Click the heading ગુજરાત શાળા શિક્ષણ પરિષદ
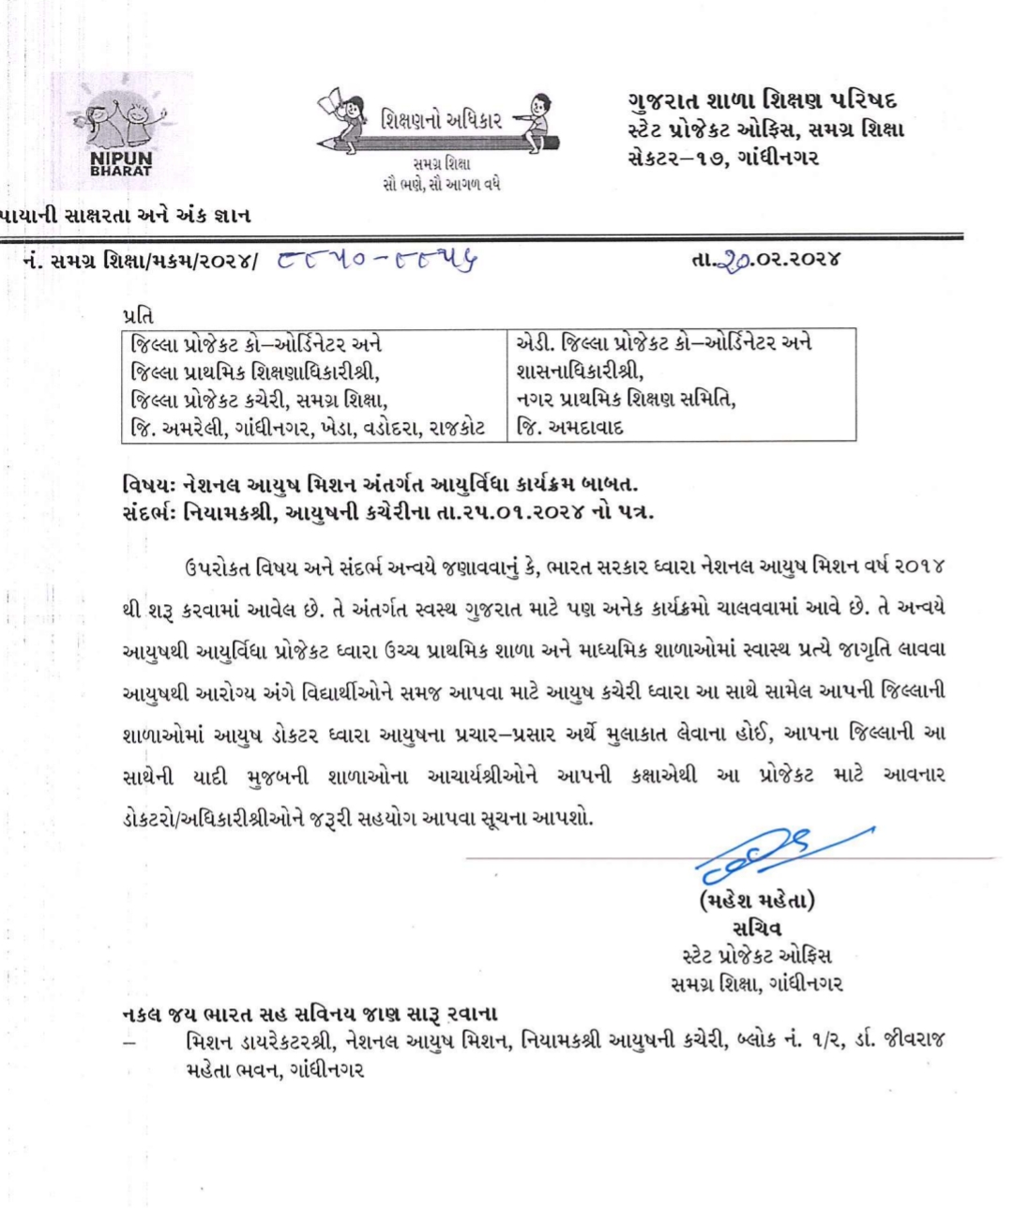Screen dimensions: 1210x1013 click(763, 101)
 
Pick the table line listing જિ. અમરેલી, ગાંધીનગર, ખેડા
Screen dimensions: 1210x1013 click(310, 428)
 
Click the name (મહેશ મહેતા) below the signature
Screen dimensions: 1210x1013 click(756, 901)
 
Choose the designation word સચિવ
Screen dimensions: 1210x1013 click(756, 929)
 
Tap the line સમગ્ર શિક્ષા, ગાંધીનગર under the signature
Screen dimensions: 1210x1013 click(756, 983)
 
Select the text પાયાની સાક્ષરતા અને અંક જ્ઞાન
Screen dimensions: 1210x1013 click(126, 216)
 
